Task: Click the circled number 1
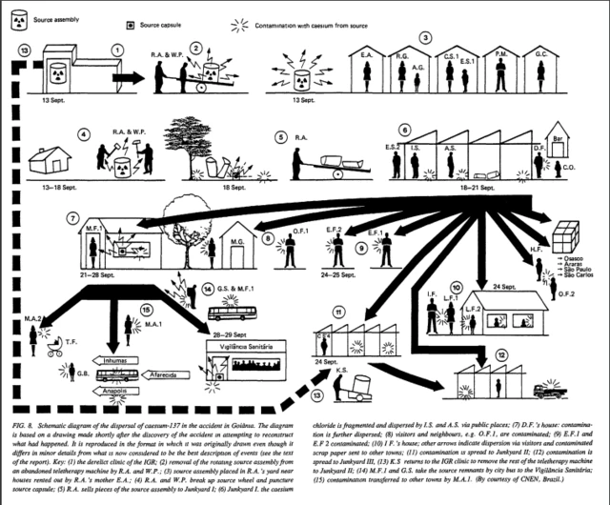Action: coord(118,49)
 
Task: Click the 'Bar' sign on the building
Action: coord(561,136)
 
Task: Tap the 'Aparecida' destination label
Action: coord(172,374)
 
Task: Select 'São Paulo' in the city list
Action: coord(579,269)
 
